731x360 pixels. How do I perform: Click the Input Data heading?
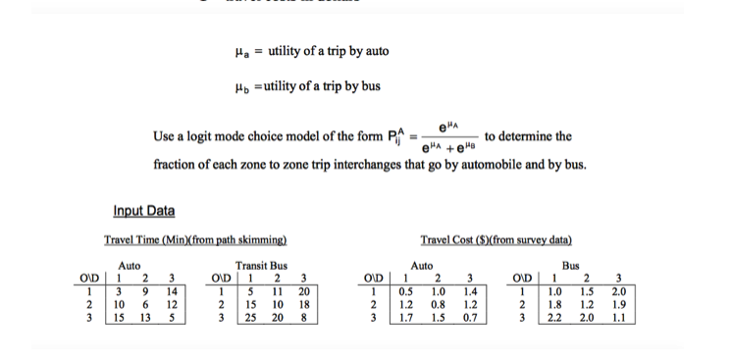[x=143, y=210]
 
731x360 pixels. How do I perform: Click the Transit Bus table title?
[x=261, y=265]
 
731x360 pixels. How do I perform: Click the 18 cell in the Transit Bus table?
[x=301, y=306]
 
